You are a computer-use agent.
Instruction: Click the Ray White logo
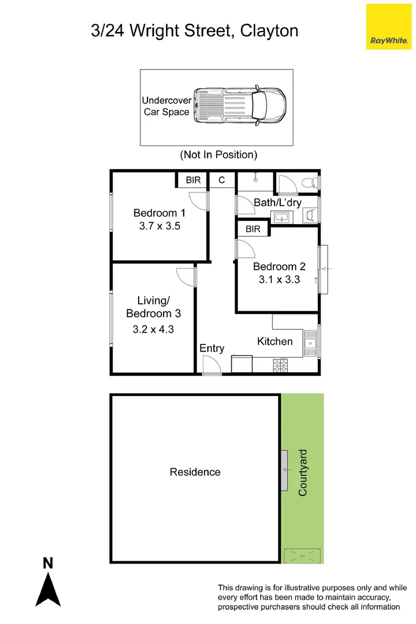(x=388, y=26)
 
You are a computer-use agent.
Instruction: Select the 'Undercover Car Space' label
(x=167, y=106)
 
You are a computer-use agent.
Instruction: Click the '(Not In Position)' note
(x=219, y=155)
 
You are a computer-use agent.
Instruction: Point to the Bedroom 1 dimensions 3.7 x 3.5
(x=159, y=226)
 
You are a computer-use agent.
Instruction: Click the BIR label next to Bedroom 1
(x=193, y=180)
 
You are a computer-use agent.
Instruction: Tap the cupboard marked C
(x=222, y=180)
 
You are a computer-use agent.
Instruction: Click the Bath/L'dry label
(x=277, y=202)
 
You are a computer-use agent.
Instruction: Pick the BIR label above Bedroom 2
(x=253, y=229)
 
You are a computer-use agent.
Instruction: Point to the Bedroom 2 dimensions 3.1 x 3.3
(x=279, y=280)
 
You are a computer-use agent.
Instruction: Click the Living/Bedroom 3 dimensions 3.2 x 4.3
(x=153, y=328)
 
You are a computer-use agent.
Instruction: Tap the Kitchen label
(x=275, y=341)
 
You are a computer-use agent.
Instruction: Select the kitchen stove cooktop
(x=281, y=365)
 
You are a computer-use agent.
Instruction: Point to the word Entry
(x=212, y=348)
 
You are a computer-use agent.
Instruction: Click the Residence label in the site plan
(x=195, y=472)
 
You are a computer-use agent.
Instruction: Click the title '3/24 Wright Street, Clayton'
(x=195, y=30)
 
